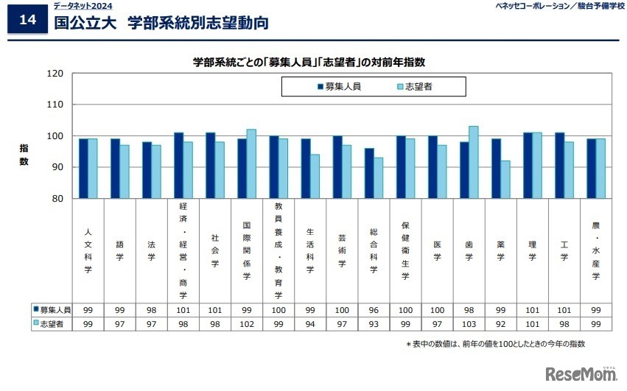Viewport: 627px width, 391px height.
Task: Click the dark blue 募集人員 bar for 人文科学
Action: click(x=83, y=169)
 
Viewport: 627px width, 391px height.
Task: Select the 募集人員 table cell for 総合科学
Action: click(x=374, y=310)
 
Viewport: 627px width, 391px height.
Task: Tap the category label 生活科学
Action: click(x=311, y=250)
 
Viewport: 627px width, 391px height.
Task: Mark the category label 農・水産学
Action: click(x=595, y=250)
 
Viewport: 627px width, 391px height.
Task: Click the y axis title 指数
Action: click(x=24, y=155)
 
